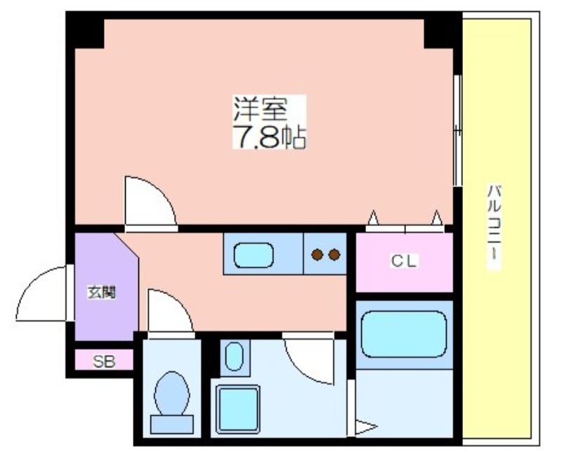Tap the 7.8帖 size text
(x=269, y=136)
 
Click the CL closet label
(x=404, y=262)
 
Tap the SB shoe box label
(x=103, y=362)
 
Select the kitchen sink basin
(x=253, y=255)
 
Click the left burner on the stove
(x=318, y=255)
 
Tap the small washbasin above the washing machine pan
(x=235, y=357)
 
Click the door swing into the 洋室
(x=148, y=203)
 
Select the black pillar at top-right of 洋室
(x=440, y=32)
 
